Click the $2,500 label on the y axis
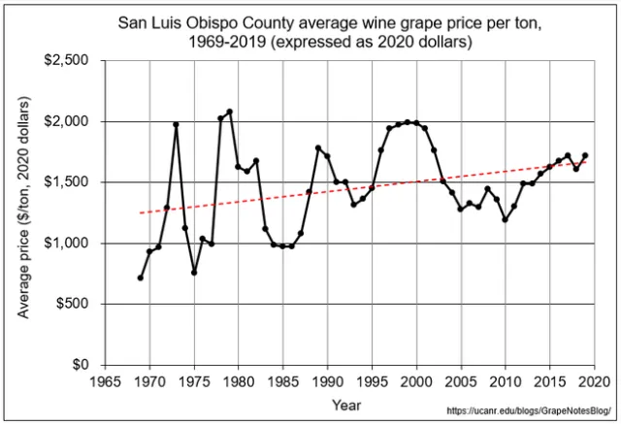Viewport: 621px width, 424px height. (65, 61)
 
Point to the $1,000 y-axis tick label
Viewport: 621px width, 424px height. (65, 244)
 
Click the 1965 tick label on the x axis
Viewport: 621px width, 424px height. (105, 380)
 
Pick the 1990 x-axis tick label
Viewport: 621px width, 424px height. (328, 380)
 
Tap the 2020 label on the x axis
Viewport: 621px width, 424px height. (595, 380)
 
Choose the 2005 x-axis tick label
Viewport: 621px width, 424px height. (461, 380)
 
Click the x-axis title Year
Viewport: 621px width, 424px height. (346, 404)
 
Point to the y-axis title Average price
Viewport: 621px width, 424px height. (21, 213)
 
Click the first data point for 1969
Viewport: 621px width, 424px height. (141, 277)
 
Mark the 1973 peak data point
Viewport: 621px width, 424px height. (177, 124)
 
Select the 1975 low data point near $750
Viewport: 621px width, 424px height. (194, 273)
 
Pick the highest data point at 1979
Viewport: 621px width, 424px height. (230, 112)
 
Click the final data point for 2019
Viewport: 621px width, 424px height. (585, 155)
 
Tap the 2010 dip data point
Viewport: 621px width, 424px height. (506, 219)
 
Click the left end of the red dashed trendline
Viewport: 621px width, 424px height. (141, 212)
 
